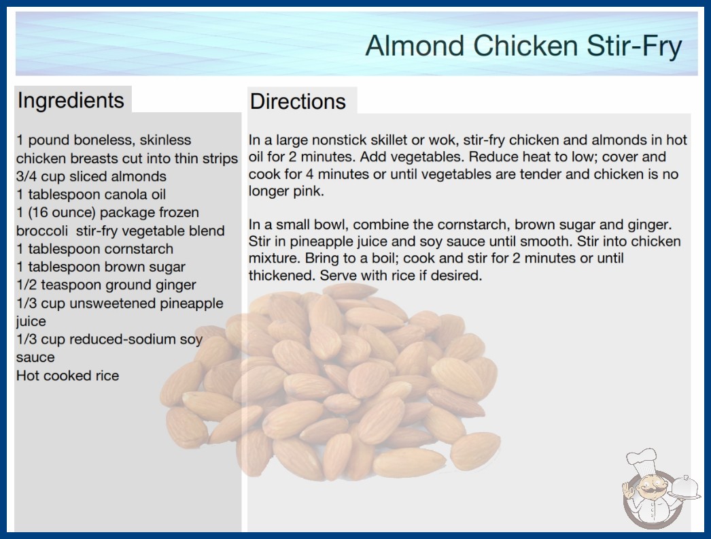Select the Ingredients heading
[x=71, y=100]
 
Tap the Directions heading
[x=298, y=101]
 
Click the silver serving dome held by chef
[x=686, y=488]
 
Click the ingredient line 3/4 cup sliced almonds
[x=91, y=176]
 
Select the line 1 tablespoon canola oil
[x=90, y=195]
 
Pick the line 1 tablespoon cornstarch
[x=94, y=249]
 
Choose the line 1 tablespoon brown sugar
[x=101, y=267]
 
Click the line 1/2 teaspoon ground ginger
[x=106, y=285]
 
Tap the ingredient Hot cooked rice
[x=67, y=376]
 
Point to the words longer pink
[x=285, y=191]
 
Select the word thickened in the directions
[x=281, y=275]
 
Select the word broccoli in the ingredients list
[x=41, y=231]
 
